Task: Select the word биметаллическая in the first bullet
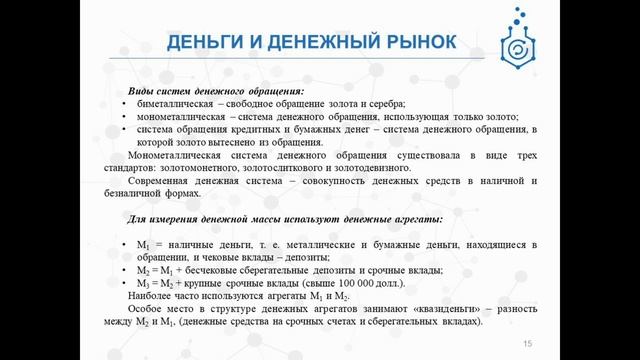point(172,104)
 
